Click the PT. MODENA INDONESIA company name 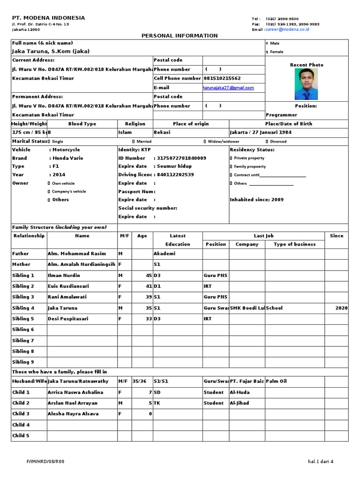tap(48, 18)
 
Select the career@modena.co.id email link tap(287, 30)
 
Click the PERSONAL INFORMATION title tap(180, 36)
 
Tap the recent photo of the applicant tap(306, 84)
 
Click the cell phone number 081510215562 tap(222, 78)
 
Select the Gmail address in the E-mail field tap(228, 88)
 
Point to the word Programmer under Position tap(281, 115)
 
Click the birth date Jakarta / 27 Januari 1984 tap(261, 133)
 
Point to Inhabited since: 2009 tap(256, 200)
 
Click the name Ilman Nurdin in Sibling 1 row tap(64, 276)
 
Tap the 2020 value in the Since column tap(341, 308)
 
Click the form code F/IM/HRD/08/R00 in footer tap(45, 462)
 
